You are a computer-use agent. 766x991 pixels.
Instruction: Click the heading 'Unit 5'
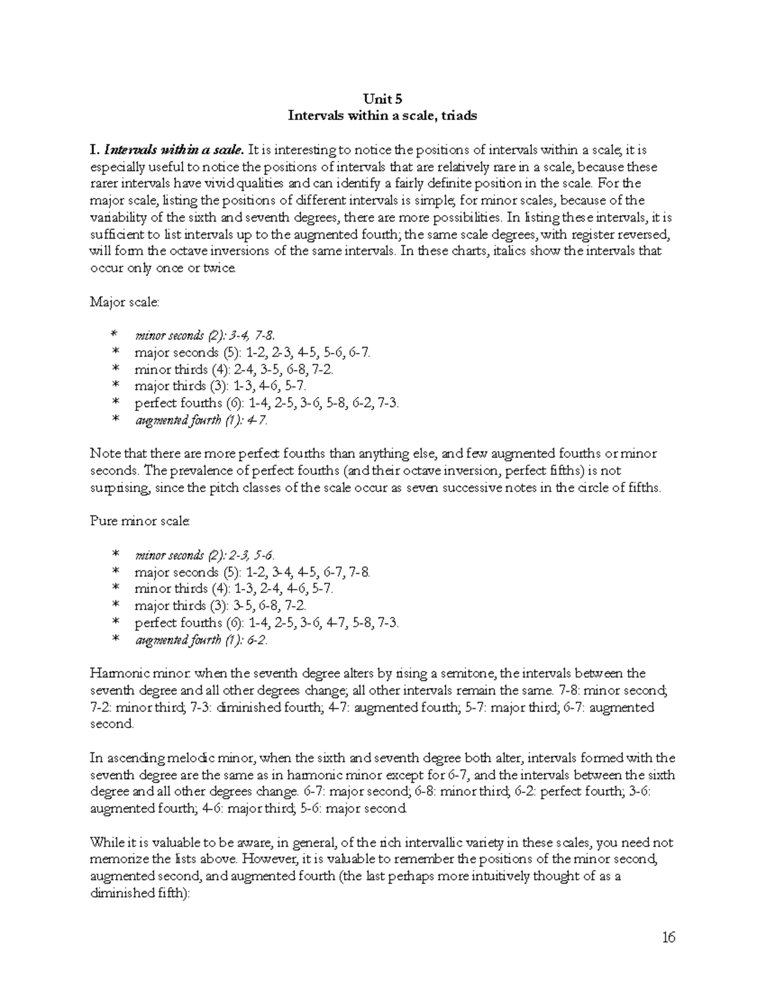382,99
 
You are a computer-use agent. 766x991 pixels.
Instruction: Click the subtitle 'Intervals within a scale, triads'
382,116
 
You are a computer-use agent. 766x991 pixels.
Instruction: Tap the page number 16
668,937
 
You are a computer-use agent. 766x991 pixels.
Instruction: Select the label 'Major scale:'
124,302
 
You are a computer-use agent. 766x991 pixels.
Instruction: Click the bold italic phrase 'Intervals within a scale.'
174,151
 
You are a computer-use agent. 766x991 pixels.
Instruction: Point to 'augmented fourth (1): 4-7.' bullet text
201,421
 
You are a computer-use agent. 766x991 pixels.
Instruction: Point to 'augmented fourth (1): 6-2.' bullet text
201,640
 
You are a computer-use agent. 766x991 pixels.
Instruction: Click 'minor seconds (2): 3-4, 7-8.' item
206,336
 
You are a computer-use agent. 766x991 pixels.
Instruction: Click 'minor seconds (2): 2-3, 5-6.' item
206,555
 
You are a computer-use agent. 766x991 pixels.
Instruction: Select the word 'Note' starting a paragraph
104,454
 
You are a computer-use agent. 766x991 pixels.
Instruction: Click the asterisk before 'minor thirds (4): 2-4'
116,370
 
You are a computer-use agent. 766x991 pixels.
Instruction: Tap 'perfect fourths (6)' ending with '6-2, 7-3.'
267,403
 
